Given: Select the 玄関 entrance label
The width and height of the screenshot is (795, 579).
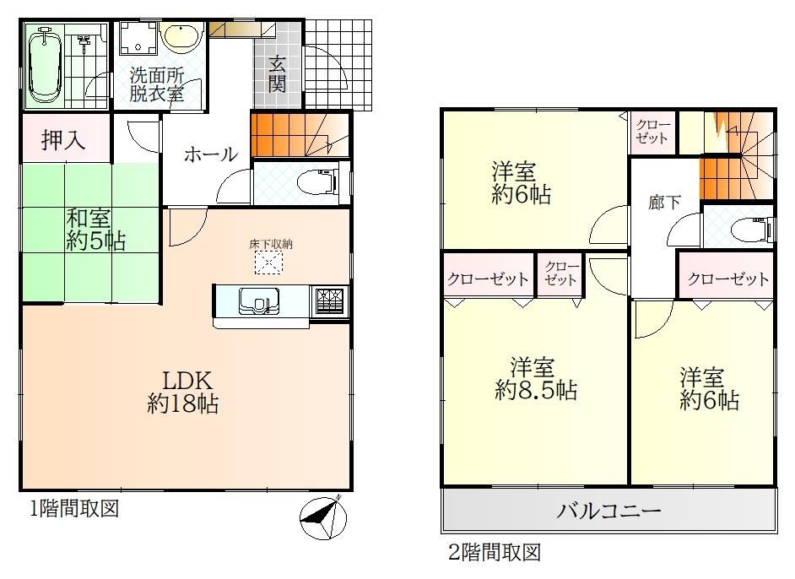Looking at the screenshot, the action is tap(277, 74).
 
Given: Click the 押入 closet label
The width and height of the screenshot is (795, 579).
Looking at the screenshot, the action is tap(62, 139).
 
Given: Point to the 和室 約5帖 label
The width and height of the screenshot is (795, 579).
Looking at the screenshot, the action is tap(95, 230).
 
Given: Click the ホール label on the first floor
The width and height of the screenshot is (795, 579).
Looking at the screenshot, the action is tap(210, 154).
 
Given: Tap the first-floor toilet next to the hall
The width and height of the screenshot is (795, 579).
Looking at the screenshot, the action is tap(318, 183).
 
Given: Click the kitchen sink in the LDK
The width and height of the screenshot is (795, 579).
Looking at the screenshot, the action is tap(258, 300).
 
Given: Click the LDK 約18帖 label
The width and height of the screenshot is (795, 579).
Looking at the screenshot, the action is tap(183, 392).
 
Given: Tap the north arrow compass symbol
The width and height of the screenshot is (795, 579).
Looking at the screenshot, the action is tap(323, 517).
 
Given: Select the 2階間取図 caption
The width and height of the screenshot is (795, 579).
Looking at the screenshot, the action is tap(495, 552).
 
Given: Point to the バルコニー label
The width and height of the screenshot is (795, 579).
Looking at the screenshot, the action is tap(608, 510).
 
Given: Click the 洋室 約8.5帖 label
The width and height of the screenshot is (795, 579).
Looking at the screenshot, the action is tap(535, 379).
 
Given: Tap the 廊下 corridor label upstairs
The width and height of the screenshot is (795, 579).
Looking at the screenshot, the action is tap(664, 202).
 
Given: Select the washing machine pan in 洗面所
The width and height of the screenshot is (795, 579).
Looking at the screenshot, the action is tap(138, 37).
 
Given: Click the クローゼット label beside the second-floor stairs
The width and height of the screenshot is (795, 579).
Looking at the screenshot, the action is tap(652, 132).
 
